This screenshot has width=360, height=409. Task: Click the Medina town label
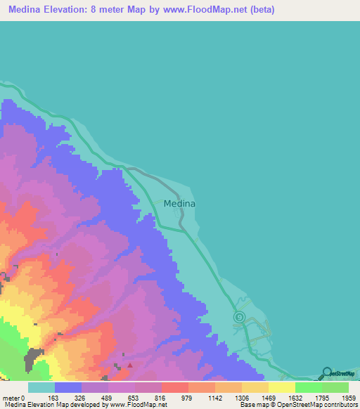[x=179, y=204]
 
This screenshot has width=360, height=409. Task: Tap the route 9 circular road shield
[x=239, y=318]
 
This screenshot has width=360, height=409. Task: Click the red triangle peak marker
[x=129, y=365]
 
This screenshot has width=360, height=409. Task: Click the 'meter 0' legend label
[x=14, y=397]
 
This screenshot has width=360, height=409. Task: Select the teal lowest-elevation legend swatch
[x=41, y=387]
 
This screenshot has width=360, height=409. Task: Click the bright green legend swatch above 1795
[x=308, y=387]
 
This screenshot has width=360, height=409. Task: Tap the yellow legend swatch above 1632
[x=281, y=387]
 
